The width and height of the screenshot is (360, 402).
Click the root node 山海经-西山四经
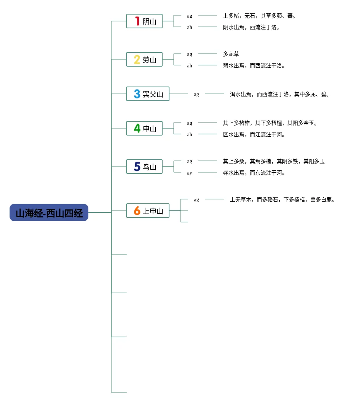point(49,213)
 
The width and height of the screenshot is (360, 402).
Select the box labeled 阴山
point(144,21)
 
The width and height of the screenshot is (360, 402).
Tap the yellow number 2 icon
point(137,60)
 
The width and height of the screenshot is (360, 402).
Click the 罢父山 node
point(148,94)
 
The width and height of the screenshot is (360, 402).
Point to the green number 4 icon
point(137,129)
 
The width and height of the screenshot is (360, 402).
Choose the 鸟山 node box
point(144,167)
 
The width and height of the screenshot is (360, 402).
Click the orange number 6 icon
point(137,211)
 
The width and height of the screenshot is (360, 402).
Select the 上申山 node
point(148,211)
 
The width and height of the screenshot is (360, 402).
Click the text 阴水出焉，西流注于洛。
point(252,28)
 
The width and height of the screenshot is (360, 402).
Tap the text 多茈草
point(231,54)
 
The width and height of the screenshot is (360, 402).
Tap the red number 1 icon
point(137,21)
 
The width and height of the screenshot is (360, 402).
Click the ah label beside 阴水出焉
point(190,28)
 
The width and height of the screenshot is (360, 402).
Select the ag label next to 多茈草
point(190,54)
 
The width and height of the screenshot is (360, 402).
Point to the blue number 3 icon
point(137,94)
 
